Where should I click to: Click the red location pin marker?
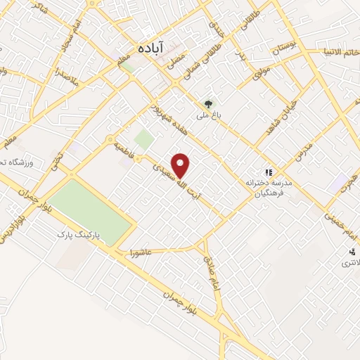[182, 165]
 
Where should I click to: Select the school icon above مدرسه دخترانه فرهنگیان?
[267, 172]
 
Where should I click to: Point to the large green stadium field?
[91, 204]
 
